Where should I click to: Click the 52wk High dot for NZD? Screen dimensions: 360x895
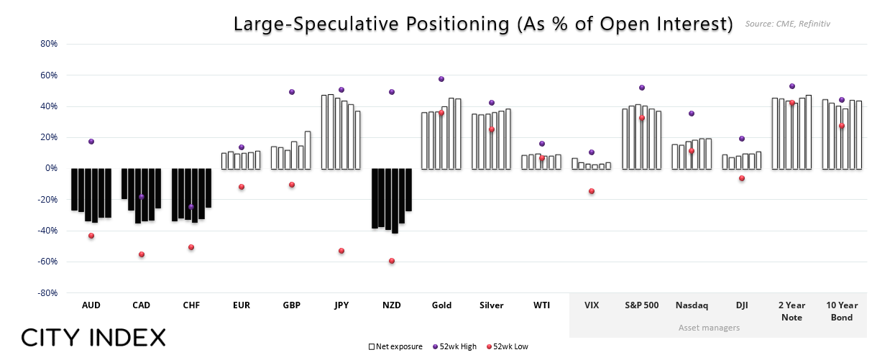392,92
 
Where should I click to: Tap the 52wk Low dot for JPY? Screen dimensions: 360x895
341,251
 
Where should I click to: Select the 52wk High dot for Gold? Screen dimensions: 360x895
441,79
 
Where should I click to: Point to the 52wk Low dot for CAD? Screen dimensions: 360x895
142,254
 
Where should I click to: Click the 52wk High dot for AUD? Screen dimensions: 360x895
91,142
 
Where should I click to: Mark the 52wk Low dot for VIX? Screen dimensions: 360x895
592,191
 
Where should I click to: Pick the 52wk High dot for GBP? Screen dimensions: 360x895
292,92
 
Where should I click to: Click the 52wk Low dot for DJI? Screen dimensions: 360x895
742,178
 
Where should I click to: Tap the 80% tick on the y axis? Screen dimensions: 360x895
48,44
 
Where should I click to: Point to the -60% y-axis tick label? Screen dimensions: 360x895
47,262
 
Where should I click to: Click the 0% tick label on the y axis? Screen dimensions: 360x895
50,169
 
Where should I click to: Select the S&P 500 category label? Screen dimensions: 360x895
641,305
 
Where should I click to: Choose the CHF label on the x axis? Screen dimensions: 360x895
191,305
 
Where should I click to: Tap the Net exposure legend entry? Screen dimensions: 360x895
392,346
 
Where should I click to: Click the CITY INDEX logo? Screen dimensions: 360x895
93,337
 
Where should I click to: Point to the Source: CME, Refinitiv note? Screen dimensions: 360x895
788,24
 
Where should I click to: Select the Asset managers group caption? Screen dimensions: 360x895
709,328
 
